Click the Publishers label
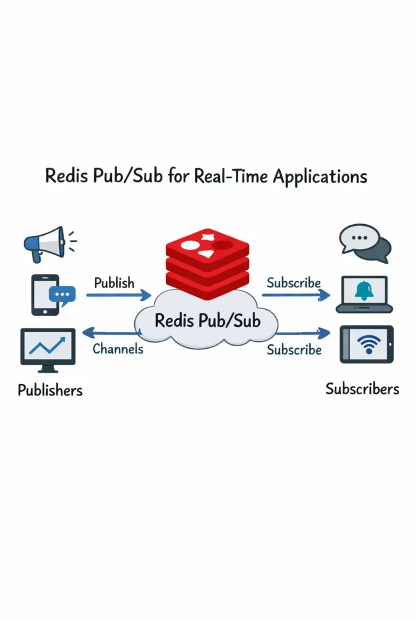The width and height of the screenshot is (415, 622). (x=50, y=390)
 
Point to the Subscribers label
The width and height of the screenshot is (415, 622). (x=362, y=389)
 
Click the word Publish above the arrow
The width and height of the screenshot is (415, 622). (x=114, y=283)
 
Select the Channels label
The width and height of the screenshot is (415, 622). (x=118, y=349)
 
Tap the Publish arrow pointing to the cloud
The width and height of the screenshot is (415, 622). (x=118, y=296)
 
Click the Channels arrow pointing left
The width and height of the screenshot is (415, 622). (x=112, y=332)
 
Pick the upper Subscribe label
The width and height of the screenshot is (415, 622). (x=293, y=282)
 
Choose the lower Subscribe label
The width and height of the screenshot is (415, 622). (x=294, y=350)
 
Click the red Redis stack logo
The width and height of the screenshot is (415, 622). (x=207, y=261)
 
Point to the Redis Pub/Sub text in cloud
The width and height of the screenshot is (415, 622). (x=207, y=320)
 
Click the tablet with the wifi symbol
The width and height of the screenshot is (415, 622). (x=366, y=344)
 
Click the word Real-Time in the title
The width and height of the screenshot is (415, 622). (x=231, y=176)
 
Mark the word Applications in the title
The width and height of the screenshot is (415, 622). (x=320, y=177)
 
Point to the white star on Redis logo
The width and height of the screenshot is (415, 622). (x=208, y=238)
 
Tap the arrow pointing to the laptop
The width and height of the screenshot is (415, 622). (x=296, y=295)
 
